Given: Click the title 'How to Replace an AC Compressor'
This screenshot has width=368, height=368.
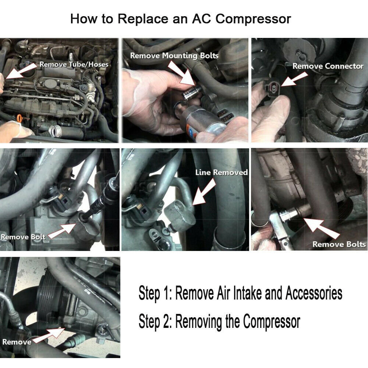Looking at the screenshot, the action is [180, 19].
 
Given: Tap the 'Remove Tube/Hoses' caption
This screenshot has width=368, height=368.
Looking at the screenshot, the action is [74, 64].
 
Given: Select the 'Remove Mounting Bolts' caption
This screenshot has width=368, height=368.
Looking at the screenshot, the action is [174, 56].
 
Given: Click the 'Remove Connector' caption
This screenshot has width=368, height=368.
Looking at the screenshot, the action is [328, 66].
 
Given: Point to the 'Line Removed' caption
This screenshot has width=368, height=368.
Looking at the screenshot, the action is [222, 173].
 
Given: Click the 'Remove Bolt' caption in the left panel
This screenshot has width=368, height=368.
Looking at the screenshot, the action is [23, 237].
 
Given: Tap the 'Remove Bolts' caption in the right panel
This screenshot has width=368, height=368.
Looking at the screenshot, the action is [339, 244].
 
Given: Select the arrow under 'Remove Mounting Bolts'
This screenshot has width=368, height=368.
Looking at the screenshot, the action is [181, 73].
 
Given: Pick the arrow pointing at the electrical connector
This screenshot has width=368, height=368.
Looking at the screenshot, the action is [294, 79].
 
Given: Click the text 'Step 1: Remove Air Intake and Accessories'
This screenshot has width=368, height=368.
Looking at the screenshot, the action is [240, 293].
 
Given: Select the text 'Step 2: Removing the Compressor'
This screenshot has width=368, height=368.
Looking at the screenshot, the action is [219, 322].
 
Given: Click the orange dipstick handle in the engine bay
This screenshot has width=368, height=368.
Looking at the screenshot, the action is [20, 118].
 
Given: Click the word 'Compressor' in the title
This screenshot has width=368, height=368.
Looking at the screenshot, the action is [253, 19].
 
